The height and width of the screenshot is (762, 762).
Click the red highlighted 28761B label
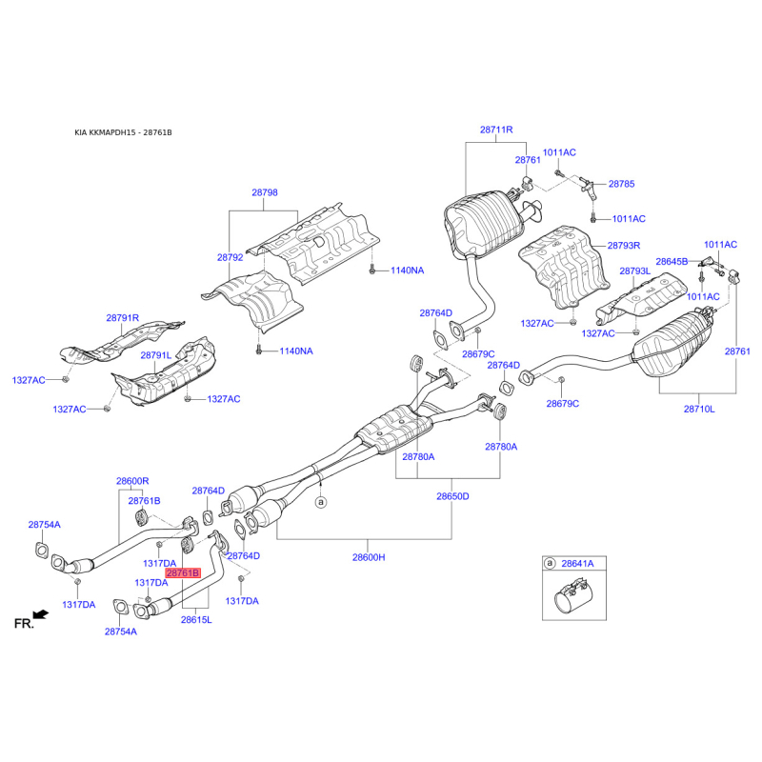[x=183, y=573]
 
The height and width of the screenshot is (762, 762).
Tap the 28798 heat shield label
[x=265, y=192]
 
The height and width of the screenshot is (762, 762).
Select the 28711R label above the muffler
[x=496, y=130]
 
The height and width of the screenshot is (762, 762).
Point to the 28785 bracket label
[x=622, y=184]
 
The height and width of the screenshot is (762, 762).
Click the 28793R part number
[x=624, y=246]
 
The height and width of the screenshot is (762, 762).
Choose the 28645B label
[x=672, y=261]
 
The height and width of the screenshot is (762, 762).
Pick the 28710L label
[x=699, y=410]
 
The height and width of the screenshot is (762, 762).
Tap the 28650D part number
[x=452, y=496]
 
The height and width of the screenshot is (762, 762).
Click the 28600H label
[x=369, y=557]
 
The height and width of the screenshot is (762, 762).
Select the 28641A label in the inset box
[x=577, y=564]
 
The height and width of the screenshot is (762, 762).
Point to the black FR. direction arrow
[x=41, y=615]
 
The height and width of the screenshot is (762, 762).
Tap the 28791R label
[x=123, y=318]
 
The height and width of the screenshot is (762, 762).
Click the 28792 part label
[x=230, y=257]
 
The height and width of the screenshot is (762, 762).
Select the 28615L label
[x=196, y=620]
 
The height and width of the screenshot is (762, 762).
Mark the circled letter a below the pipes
[x=321, y=502]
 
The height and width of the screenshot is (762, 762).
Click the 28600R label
[x=132, y=481]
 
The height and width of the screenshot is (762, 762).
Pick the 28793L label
[x=634, y=271]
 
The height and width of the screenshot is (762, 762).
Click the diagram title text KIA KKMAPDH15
[x=105, y=132]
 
